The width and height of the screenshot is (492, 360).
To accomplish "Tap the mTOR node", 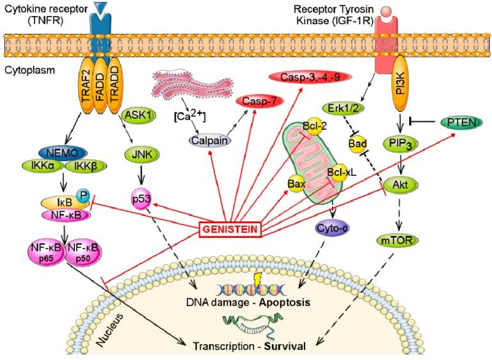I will pyautogui.click(x=392, y=242).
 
